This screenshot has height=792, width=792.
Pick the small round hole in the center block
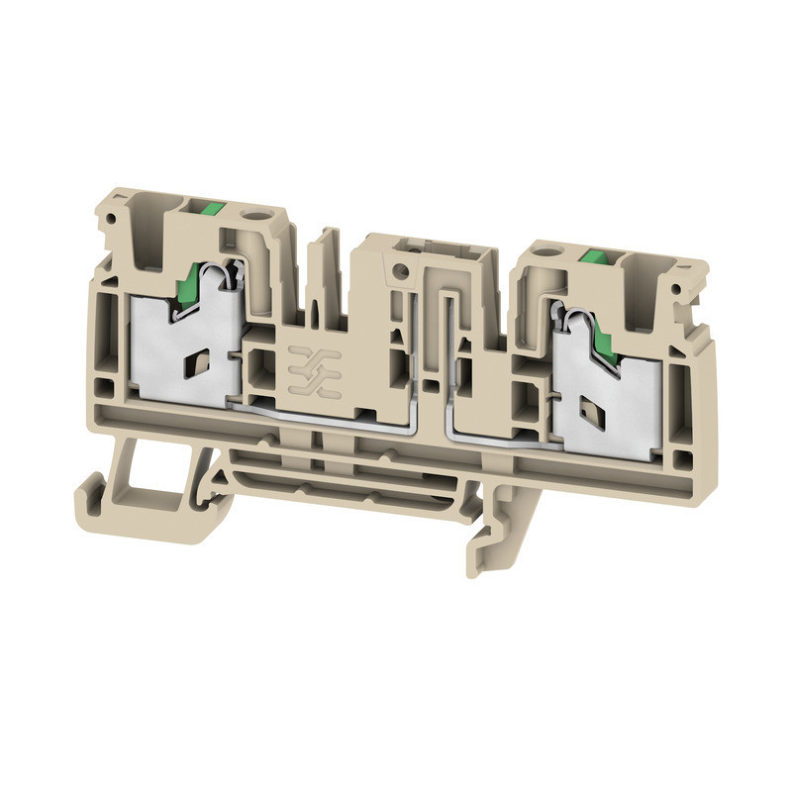click(x=400, y=271)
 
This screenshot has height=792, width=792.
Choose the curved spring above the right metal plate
click(x=572, y=322)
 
